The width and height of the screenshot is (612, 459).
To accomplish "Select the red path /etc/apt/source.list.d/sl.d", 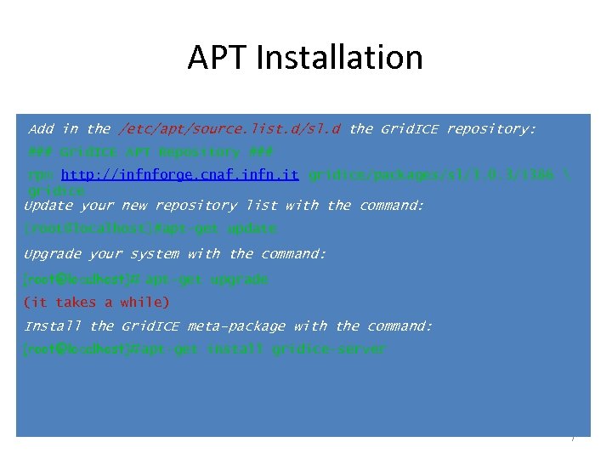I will tap(230, 129).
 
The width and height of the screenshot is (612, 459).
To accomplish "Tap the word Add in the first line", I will tap(41, 129).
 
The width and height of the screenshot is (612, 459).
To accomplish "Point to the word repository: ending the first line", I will tap(491, 129).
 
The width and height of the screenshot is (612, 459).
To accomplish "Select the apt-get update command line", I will tap(150, 229).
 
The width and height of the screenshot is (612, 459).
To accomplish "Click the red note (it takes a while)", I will tap(97, 302).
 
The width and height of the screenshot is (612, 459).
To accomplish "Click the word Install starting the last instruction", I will tap(53, 326).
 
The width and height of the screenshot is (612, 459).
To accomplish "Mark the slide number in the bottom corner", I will tap(573, 439).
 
